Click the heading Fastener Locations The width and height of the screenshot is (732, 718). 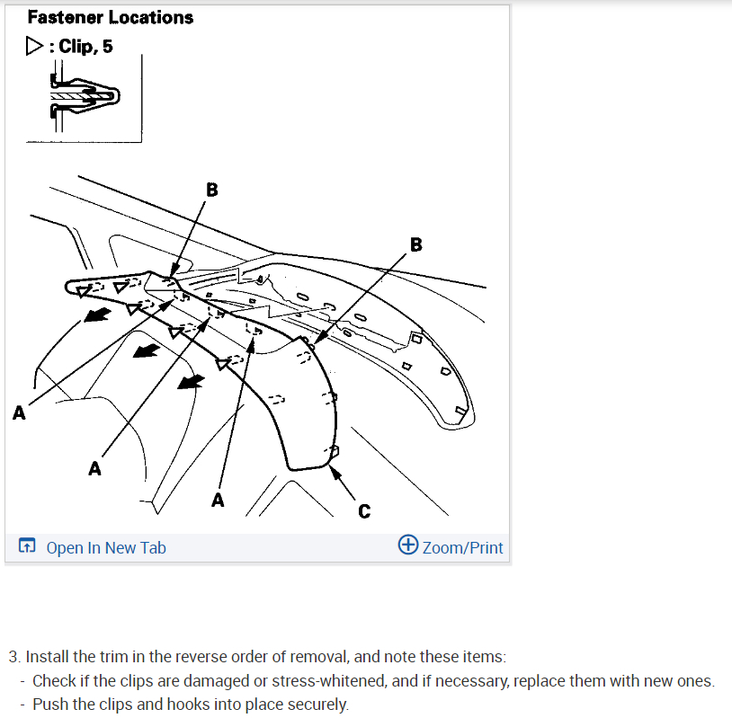coord(110,17)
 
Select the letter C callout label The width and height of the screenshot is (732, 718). coord(363,511)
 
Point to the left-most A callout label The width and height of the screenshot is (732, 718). coord(19,412)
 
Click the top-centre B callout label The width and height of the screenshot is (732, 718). coord(211,190)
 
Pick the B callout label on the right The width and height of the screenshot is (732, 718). coord(415,244)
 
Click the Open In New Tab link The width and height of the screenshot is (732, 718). coord(105,547)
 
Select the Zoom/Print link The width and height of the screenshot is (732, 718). coord(462,547)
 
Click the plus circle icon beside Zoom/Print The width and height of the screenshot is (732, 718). coord(407,545)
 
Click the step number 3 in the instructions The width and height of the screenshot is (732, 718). coord(13,657)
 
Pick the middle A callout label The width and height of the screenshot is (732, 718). coord(94,468)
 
